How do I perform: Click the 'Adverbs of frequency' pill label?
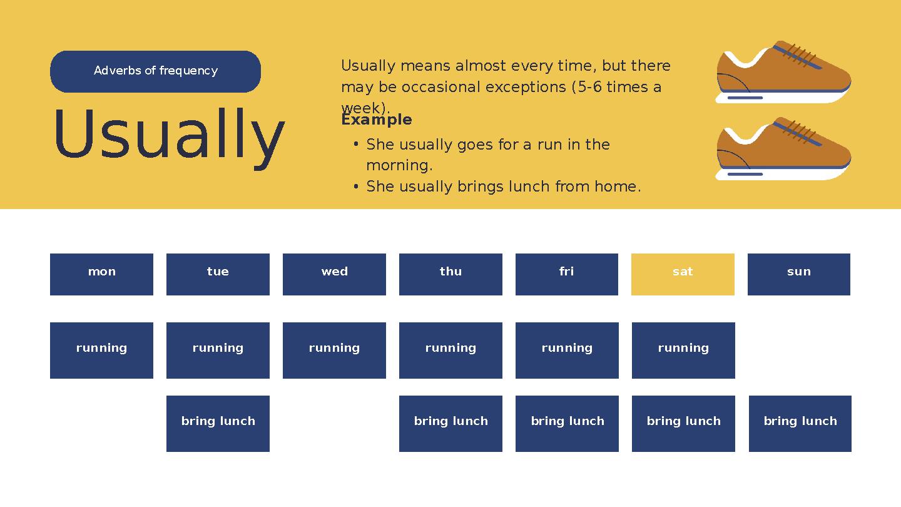155,71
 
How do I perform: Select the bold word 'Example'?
376,120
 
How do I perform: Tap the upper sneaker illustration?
783,73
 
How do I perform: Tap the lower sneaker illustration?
783,149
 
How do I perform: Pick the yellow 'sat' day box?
683,274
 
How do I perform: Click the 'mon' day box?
101,274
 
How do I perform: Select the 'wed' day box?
334,274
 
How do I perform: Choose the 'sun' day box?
798,274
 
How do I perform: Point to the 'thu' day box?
450,274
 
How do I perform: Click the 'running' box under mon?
101,350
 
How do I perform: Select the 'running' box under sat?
683,350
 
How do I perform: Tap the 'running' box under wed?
334,350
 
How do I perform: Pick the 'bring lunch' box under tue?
218,423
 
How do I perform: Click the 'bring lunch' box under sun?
800,423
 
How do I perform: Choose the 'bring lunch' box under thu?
450,423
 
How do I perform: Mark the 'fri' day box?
566,274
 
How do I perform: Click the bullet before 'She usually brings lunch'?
355,187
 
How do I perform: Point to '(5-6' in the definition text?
586,87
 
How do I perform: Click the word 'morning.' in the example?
399,166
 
